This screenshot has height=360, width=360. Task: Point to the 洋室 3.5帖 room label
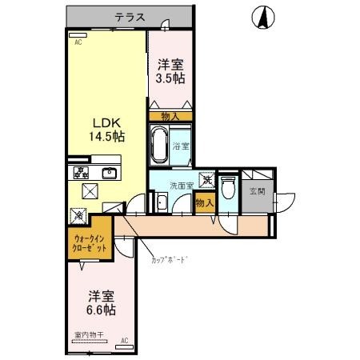(x=170, y=71)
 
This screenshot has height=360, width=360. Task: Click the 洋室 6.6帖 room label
(x=102, y=302)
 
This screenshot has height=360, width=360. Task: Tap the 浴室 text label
(x=182, y=146)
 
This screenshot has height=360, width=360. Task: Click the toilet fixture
(x=227, y=189)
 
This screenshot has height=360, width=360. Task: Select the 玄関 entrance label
(x=257, y=190)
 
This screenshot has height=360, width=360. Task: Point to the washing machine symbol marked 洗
(x=206, y=181)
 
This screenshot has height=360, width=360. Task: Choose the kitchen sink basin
(x=109, y=173)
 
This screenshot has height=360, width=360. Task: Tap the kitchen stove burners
(x=81, y=173)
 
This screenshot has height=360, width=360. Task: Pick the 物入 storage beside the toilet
(x=205, y=203)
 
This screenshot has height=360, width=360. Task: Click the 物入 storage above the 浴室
(x=170, y=116)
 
